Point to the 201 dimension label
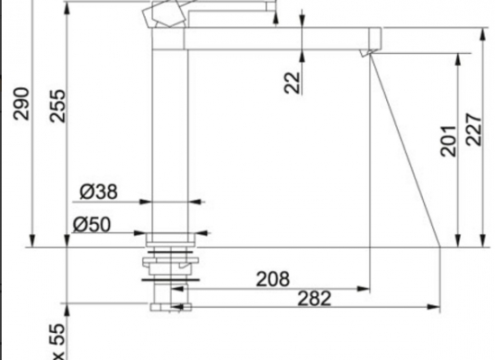click(x=447, y=140)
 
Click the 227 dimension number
click(x=477, y=140)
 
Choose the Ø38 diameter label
click(x=98, y=191)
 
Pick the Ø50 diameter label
click(x=94, y=225)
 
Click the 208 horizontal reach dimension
click(x=273, y=278)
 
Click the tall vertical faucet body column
click(x=168, y=135)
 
